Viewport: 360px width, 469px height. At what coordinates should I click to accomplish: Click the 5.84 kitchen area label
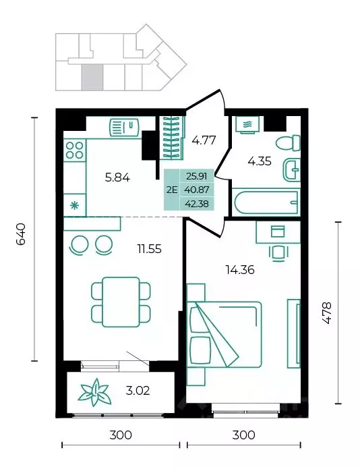(x=117, y=177)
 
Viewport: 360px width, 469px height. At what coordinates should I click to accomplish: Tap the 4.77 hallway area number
(x=204, y=140)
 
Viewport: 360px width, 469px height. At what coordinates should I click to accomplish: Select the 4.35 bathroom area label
(x=260, y=161)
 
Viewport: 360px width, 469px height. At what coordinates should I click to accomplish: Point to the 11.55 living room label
(x=150, y=248)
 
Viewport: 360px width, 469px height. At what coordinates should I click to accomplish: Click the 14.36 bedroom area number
(x=240, y=270)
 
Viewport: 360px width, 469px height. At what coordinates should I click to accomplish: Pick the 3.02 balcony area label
(x=138, y=391)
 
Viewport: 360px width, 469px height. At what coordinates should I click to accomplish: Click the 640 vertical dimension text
(x=21, y=234)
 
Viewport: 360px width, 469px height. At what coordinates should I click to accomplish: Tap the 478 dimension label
(x=327, y=313)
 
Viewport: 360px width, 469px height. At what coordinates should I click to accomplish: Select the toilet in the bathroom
(x=288, y=143)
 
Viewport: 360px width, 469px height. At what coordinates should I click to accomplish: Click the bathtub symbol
(x=266, y=202)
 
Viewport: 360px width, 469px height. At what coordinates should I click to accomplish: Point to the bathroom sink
(x=292, y=169)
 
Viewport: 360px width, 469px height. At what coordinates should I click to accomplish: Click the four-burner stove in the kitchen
(x=75, y=150)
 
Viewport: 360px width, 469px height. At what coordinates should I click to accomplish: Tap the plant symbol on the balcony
(x=94, y=393)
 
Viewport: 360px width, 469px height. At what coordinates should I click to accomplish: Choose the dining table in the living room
(x=121, y=302)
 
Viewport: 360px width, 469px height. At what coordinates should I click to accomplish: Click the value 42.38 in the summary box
(x=197, y=204)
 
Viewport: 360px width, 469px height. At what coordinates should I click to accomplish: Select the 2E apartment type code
(x=172, y=190)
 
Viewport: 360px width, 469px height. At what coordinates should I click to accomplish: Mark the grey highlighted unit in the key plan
(x=92, y=77)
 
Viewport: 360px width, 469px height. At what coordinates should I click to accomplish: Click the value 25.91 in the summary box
(x=197, y=176)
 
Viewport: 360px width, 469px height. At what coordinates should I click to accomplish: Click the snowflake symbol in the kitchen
(x=74, y=206)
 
